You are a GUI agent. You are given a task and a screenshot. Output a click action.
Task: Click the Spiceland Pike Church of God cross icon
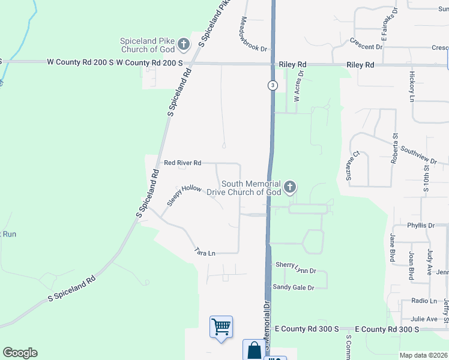[184, 44]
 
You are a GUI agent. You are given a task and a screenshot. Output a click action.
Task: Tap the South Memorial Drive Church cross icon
[290, 188]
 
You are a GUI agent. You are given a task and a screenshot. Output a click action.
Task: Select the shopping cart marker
[221, 328]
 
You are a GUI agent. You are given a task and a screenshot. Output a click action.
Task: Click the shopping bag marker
[253, 349]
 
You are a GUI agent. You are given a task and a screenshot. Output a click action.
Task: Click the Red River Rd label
[182, 163]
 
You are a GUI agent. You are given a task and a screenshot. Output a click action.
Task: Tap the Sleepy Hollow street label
[184, 196]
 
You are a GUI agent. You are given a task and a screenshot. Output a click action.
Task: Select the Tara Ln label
[205, 253]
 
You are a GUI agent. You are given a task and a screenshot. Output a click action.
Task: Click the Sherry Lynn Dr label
[295, 264]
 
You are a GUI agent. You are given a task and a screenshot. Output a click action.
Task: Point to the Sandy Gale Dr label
[294, 287]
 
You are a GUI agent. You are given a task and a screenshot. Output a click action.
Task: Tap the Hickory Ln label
[412, 86]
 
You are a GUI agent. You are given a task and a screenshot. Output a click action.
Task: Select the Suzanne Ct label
[352, 166]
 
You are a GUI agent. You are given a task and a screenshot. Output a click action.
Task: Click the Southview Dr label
[419, 155]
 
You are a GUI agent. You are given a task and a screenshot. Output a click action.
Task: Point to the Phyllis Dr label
[420, 226]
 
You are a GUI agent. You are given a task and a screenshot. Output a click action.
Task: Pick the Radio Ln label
[424, 301]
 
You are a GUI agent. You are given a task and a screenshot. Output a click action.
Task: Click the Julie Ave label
[424, 319]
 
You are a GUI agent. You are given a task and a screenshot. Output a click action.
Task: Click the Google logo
[20, 353]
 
